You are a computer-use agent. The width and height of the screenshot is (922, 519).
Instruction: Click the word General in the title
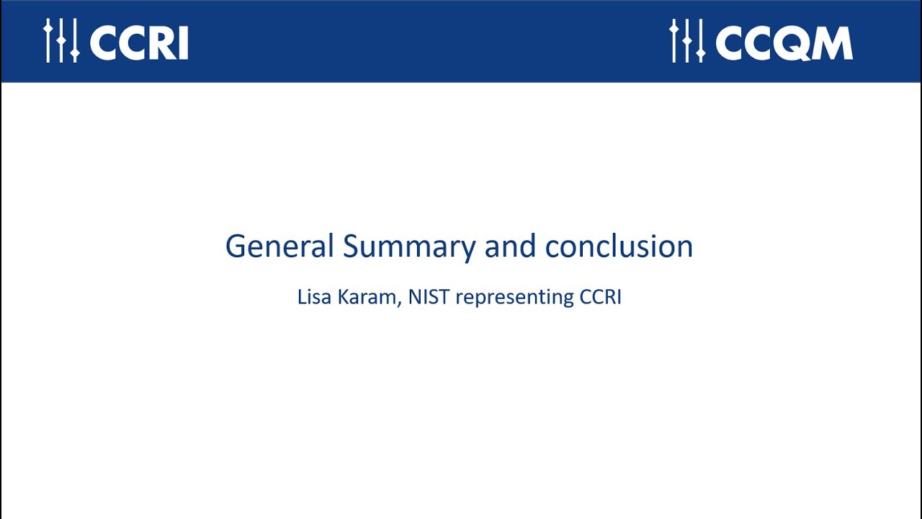coord(279,247)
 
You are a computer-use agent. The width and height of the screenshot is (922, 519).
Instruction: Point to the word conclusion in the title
coord(619,247)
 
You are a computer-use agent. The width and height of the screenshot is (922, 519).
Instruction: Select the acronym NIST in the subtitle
coord(429,297)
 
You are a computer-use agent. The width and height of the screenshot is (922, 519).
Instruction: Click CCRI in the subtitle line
coord(600,297)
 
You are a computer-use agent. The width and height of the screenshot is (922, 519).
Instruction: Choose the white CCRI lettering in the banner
coord(139,43)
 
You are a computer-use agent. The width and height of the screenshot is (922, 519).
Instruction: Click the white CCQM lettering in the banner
coord(784,43)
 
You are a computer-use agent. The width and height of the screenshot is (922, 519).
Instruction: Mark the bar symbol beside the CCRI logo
coord(61,41)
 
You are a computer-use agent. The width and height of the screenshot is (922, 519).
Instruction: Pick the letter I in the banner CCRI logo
coord(183,44)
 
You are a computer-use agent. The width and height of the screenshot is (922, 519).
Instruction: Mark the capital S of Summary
coord(351,247)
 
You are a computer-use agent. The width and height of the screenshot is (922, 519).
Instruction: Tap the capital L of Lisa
coord(301,297)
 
